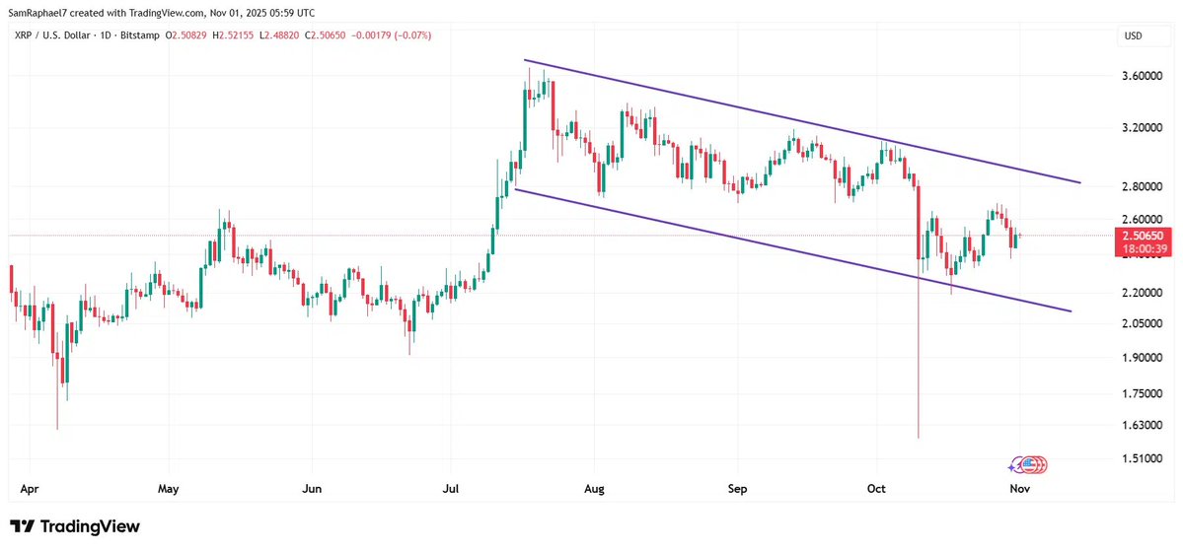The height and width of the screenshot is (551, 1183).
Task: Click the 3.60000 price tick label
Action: pos(1141,76)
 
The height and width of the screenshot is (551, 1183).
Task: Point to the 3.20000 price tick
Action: pos(1141,128)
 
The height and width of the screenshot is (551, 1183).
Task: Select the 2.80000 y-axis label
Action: pos(1141,186)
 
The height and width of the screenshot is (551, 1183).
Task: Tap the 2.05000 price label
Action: pos(1141,323)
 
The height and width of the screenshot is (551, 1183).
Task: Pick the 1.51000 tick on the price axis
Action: pos(1141,458)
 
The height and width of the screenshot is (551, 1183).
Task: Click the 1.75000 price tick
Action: pos(1141,393)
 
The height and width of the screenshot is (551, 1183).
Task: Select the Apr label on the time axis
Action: pos(30,488)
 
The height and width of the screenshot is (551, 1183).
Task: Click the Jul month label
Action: pos(452,488)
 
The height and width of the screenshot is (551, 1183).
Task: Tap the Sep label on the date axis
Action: pos(737,488)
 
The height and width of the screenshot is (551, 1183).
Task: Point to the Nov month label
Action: pos(1020,488)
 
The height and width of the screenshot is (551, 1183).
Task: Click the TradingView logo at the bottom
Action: pos(75,526)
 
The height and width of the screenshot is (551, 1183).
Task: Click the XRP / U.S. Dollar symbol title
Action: pos(57,35)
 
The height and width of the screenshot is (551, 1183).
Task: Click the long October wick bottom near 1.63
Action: pos(919,436)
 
